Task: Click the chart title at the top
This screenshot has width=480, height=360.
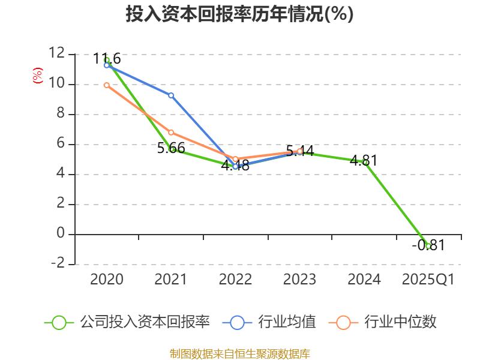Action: tap(239, 14)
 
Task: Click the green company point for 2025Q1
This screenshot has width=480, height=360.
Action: tap(428, 246)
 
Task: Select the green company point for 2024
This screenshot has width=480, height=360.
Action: tap(364, 162)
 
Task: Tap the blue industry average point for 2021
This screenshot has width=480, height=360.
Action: tap(171, 95)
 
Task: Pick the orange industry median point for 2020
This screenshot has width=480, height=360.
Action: tap(107, 85)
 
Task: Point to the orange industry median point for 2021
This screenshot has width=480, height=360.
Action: tap(171, 132)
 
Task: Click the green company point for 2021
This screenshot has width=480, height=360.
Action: tap(172, 149)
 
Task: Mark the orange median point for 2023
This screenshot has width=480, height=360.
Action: tap(300, 151)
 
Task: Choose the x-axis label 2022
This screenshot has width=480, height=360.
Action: tap(235, 280)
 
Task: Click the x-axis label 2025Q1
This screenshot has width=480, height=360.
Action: tap(428, 280)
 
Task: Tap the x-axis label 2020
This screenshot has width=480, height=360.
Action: tap(107, 280)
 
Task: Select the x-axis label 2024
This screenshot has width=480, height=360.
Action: tap(364, 280)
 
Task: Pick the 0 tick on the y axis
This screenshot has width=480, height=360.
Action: tap(60, 234)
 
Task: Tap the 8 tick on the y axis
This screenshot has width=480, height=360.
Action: tap(60, 114)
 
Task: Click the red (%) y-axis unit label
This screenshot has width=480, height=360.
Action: tap(37, 76)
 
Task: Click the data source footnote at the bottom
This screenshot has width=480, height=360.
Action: tap(239, 353)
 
